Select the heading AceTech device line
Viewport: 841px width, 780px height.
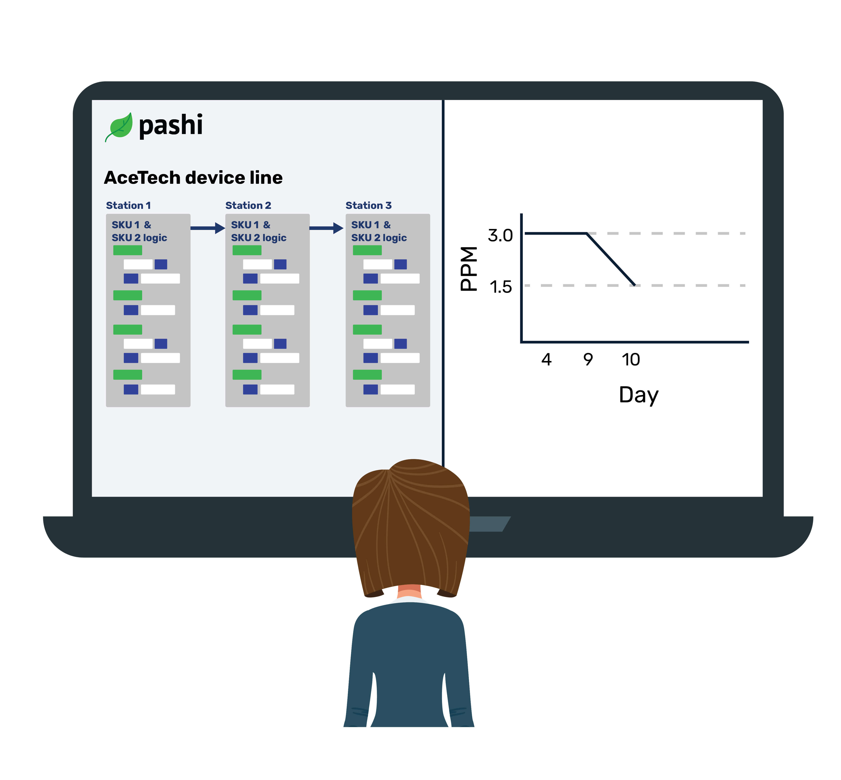(x=193, y=178)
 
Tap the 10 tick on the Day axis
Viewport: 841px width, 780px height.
(x=631, y=360)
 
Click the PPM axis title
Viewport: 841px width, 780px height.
(x=468, y=269)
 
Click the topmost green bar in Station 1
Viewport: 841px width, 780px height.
(x=128, y=250)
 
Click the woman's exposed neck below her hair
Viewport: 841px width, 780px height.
(x=409, y=591)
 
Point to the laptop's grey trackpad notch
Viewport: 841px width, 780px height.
(x=489, y=524)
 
